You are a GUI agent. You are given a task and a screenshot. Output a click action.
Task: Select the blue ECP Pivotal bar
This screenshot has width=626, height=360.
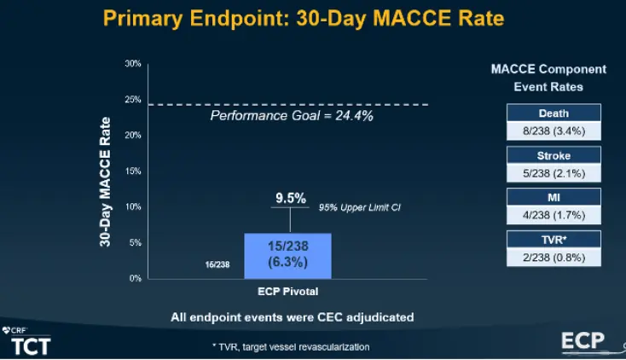[x=287, y=255]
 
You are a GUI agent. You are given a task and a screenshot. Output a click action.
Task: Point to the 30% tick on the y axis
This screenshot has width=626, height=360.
[x=133, y=64]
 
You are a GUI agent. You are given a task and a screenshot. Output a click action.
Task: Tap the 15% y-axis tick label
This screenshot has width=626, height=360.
[x=133, y=171]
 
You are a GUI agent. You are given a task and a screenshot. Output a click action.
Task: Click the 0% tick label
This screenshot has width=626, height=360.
[x=135, y=279]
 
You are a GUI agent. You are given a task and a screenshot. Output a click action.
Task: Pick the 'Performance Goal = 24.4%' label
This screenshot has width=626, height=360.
[x=292, y=116]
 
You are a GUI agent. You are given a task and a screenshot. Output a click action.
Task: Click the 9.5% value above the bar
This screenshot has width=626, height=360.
[x=291, y=198]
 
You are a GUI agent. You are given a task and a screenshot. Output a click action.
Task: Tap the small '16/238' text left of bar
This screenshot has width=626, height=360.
[x=217, y=265]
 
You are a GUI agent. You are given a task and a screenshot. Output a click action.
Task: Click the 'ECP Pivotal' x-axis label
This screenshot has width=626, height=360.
[x=287, y=292]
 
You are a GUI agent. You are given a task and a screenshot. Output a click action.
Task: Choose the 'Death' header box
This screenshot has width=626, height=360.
[x=554, y=113]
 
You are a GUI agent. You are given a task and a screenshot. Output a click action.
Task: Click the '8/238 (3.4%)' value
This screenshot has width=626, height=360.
[x=554, y=129]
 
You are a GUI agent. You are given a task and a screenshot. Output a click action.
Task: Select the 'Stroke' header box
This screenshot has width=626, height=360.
[x=554, y=156]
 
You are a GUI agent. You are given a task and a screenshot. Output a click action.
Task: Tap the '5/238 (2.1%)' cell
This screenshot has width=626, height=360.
[x=554, y=171]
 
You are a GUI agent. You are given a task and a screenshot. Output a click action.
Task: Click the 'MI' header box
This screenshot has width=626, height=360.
[x=554, y=198]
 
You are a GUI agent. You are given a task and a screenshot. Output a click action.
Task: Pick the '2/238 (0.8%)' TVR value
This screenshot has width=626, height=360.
[x=554, y=255]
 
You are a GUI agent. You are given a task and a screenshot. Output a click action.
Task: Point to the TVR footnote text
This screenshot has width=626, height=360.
[x=290, y=347]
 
